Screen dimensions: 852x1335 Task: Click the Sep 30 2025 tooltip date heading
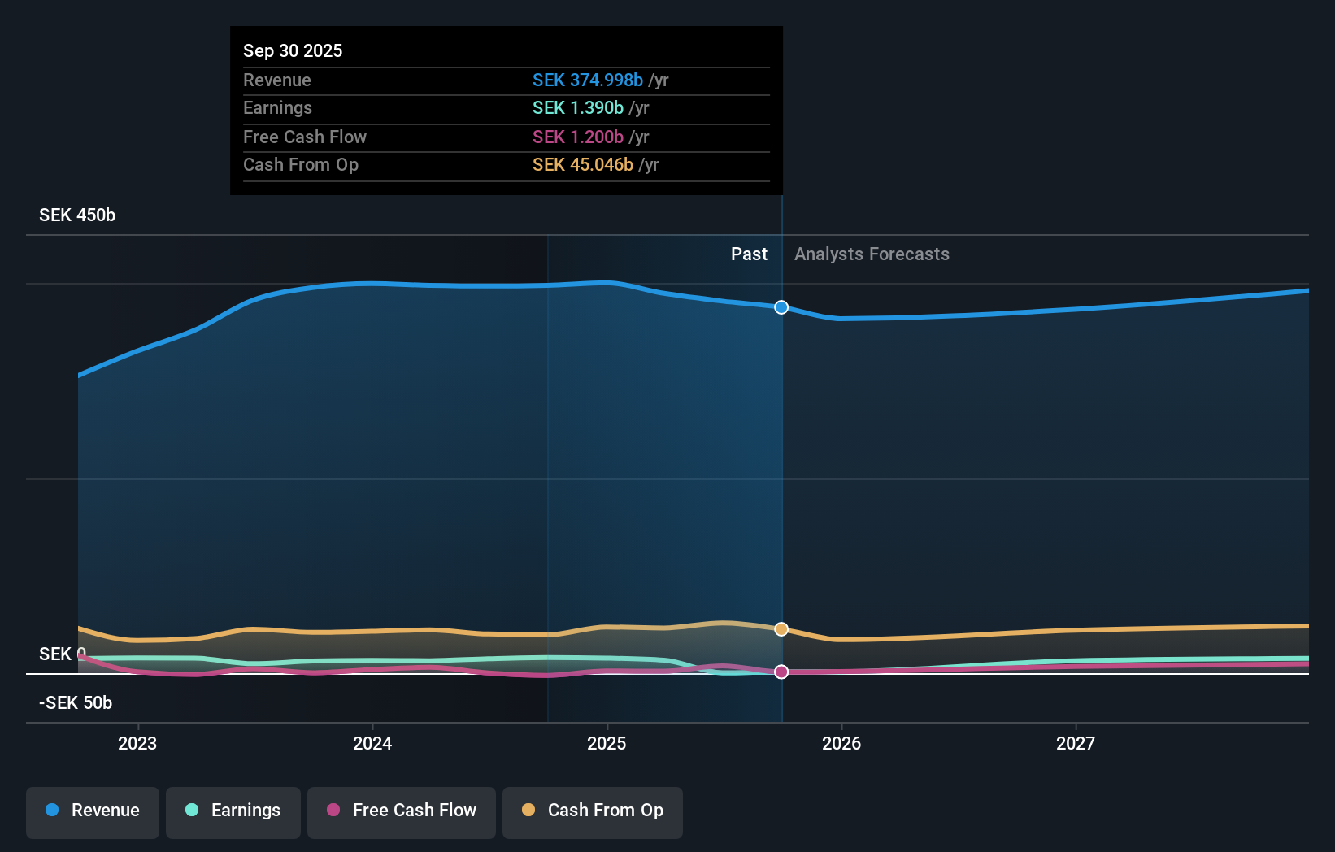(293, 50)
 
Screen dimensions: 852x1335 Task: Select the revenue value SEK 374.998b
(587, 80)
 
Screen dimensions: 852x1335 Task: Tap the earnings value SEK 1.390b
(577, 107)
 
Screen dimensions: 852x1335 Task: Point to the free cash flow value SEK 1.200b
(577, 137)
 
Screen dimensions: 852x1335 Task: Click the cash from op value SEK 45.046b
(582, 164)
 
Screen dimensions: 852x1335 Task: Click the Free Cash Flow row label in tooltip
(304, 137)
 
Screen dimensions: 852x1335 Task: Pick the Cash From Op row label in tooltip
(300, 164)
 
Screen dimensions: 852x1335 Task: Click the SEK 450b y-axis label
(77, 215)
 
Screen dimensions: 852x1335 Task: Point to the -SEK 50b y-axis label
(76, 702)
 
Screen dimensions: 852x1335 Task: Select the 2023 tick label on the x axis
(137, 743)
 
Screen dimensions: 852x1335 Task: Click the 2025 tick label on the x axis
(607, 743)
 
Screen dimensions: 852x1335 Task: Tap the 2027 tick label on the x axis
(1075, 743)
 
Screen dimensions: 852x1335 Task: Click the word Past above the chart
(749, 254)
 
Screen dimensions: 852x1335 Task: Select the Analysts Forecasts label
(872, 254)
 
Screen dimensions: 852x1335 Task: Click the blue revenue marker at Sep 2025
(781, 307)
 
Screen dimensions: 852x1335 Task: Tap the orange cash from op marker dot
(781, 629)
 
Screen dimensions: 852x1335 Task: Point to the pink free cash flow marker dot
(781, 672)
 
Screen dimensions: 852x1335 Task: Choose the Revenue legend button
(93, 811)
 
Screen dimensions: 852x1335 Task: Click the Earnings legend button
(233, 811)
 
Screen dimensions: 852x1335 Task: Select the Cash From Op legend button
(593, 811)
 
